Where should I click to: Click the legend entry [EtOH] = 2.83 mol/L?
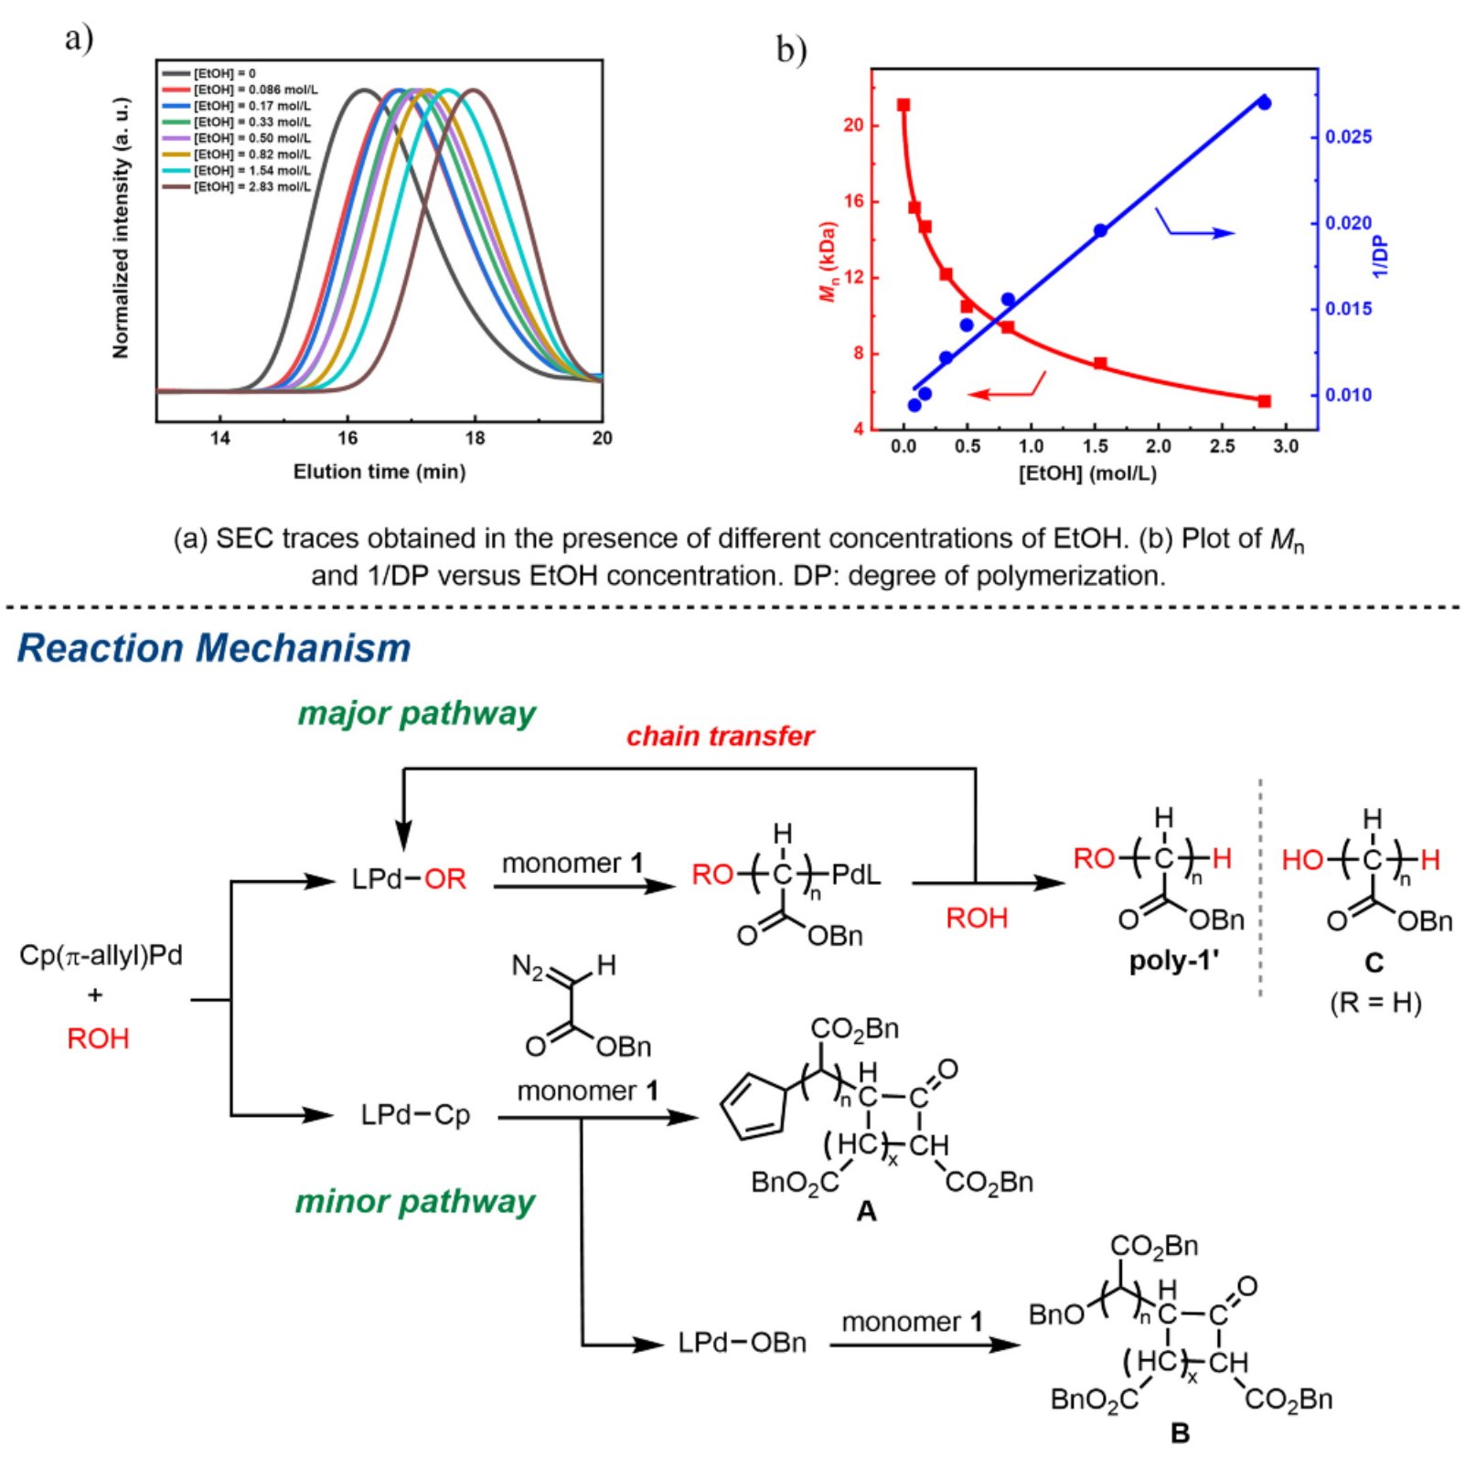pos(251,187)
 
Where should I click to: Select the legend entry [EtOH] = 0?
pos(224,73)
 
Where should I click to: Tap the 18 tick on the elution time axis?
pos(475,438)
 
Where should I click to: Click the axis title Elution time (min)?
pos(379,472)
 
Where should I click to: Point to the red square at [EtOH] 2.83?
pos(1265,401)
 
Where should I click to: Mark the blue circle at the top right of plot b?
pos(1264,102)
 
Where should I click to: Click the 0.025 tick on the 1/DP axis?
pos(1348,137)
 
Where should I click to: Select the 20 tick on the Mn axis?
pos(853,125)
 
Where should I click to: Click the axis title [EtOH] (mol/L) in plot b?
pos(1087,473)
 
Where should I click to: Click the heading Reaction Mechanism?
pos(214,648)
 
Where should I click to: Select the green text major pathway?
pos(417,714)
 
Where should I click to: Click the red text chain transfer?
pos(720,736)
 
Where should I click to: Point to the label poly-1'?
pos(1174,962)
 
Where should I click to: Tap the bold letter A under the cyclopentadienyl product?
pos(865,1212)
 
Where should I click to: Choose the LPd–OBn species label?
pos(742,1343)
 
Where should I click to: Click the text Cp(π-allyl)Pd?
pos(101,956)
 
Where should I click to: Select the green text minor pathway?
pos(414,1201)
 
